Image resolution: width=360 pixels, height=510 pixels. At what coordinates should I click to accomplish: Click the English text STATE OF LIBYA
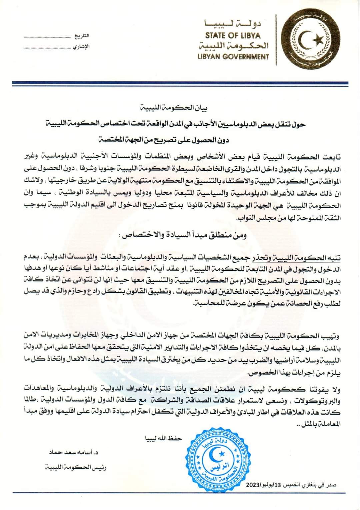coord(233,35)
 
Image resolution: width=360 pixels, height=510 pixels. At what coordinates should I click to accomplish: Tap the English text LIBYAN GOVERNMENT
coord(233,57)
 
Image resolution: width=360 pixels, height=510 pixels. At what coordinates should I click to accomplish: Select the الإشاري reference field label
coord(81,47)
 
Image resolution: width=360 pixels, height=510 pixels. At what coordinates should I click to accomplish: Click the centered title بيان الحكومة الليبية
coord(180,108)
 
